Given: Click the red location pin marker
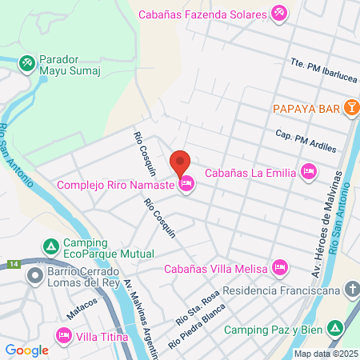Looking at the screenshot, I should tap(181, 163).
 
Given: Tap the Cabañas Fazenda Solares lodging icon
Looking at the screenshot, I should tap(278, 13).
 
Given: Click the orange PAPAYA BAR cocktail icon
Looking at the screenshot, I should tap(350, 106).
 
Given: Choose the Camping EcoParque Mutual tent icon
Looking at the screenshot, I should tap(51, 246).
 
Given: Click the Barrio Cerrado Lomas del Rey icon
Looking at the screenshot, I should tap(34, 276).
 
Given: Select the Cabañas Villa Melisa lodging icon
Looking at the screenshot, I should tap(279, 266).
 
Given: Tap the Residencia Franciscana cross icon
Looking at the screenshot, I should tap(351, 291).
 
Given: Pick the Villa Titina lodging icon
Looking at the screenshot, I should tap(62, 336).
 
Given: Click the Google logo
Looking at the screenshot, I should tap(26, 350).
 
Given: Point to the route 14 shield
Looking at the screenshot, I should tap(14, 264).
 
